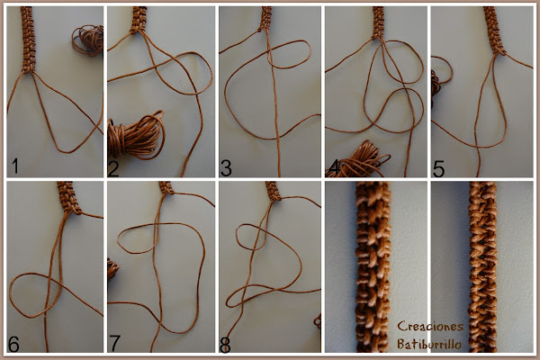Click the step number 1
click(14, 166)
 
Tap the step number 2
click(113, 167)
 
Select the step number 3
click(226, 167)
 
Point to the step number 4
click(334, 167)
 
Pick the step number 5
click(438, 169)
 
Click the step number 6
click(13, 344)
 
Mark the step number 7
click(114, 343)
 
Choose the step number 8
click(225, 345)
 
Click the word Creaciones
click(430, 326)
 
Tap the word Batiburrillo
click(428, 344)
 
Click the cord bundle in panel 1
click(88, 40)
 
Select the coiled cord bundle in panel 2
click(137, 135)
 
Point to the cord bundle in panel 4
click(358, 160)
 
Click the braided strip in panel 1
click(28, 40)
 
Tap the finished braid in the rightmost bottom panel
click(482, 267)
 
